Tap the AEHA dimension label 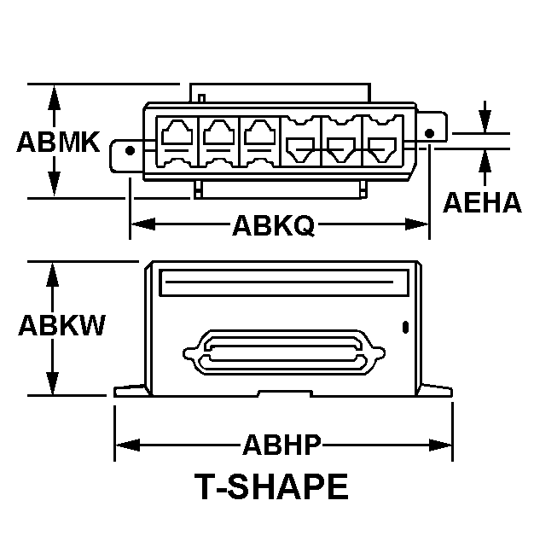coord(482,202)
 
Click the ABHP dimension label coord(282,445)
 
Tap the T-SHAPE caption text coord(272,487)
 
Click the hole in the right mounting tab coord(429,133)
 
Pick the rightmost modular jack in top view coord(383,145)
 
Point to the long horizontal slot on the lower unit coord(282,281)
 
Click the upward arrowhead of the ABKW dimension coord(54,272)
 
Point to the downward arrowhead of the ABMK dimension coord(54,186)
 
